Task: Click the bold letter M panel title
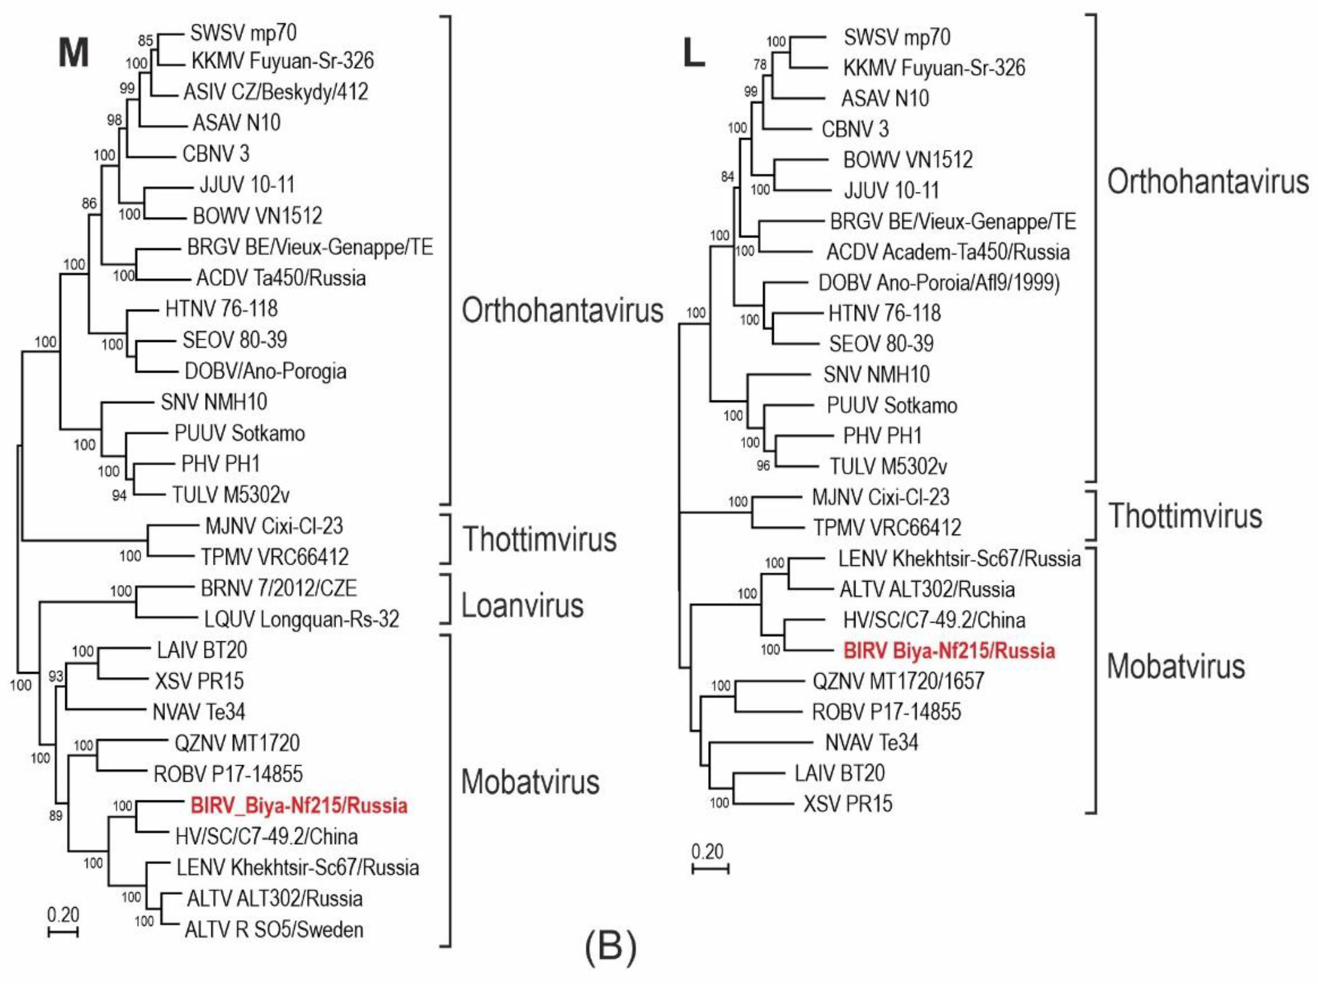click(74, 52)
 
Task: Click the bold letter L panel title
click(694, 55)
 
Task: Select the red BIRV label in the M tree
click(299, 806)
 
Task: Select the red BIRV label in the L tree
click(949, 650)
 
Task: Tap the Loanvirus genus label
click(523, 606)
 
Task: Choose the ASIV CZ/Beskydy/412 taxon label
click(275, 92)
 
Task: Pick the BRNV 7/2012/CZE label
click(278, 588)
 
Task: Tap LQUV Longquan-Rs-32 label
click(301, 620)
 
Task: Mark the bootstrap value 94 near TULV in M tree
click(119, 495)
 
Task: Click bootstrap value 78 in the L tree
click(760, 65)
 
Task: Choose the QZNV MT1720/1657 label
click(898, 681)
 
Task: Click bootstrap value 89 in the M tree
click(55, 816)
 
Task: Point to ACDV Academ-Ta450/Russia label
click(947, 252)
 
